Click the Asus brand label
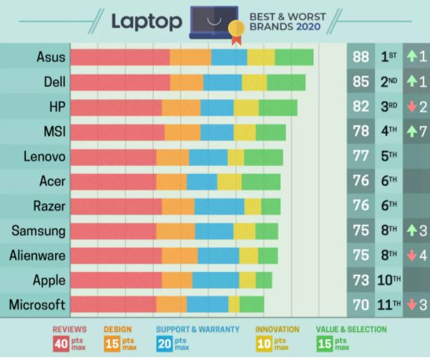(x=50, y=57)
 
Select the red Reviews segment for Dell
(x=121, y=82)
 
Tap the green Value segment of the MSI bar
(x=270, y=132)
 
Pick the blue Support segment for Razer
(x=219, y=207)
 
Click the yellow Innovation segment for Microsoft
(x=234, y=304)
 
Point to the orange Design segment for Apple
(x=177, y=279)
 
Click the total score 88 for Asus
(x=361, y=57)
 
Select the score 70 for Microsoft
(x=361, y=305)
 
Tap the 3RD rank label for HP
(x=389, y=107)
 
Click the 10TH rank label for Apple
(x=389, y=280)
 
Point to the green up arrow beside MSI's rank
(x=411, y=132)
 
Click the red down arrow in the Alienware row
(x=411, y=256)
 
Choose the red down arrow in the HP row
(x=411, y=107)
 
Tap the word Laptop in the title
(x=145, y=21)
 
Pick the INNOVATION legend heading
(x=277, y=330)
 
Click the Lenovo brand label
(x=44, y=157)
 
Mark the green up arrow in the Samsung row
(x=411, y=230)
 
